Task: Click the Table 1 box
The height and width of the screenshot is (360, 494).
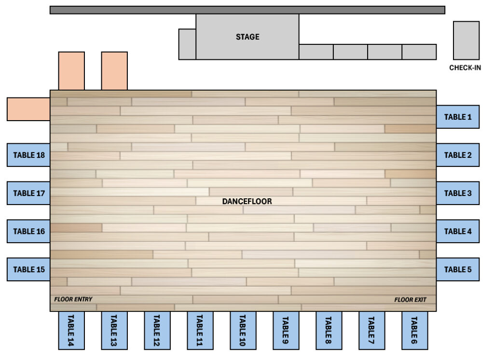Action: point(458,117)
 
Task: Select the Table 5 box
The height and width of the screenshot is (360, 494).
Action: point(458,269)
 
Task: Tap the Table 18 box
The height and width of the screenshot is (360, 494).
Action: point(29,155)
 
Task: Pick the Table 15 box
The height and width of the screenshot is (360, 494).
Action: point(29,269)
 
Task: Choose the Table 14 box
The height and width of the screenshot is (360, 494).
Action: point(71,331)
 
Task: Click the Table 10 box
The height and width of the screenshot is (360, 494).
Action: point(243,331)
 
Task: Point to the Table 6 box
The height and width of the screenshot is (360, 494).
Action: point(414,331)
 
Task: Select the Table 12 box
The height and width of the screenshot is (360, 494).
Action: point(157,331)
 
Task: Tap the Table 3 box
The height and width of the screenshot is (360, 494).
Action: point(458,193)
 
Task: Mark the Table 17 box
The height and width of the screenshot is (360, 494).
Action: point(29,193)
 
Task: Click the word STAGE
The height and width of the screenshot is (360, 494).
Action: point(247,37)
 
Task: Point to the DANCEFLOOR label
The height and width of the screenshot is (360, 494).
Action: point(247,201)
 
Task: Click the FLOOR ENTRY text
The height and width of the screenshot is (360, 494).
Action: point(73,299)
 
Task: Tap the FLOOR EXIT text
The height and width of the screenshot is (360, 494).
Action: point(410,300)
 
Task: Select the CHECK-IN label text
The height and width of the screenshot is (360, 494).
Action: point(465,68)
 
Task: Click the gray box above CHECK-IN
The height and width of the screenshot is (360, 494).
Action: point(466,40)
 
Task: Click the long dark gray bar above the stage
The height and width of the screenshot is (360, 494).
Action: point(247,10)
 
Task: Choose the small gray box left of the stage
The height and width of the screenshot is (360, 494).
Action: point(187,44)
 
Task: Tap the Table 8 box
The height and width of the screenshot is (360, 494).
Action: point(329,331)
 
